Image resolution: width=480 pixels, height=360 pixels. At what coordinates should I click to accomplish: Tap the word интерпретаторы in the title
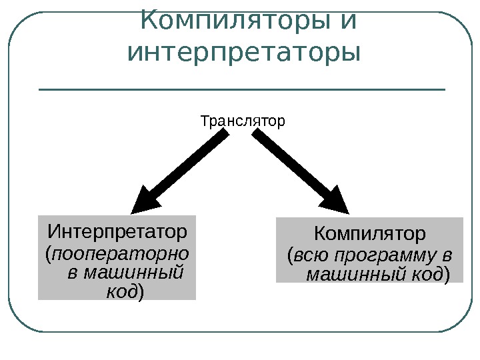coord(243,51)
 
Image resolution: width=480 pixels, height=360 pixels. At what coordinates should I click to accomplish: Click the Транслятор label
coord(243,122)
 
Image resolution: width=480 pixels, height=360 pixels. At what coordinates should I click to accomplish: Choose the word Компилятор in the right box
coord(369,235)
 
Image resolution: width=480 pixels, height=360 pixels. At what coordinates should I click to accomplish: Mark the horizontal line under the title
coord(242,89)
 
